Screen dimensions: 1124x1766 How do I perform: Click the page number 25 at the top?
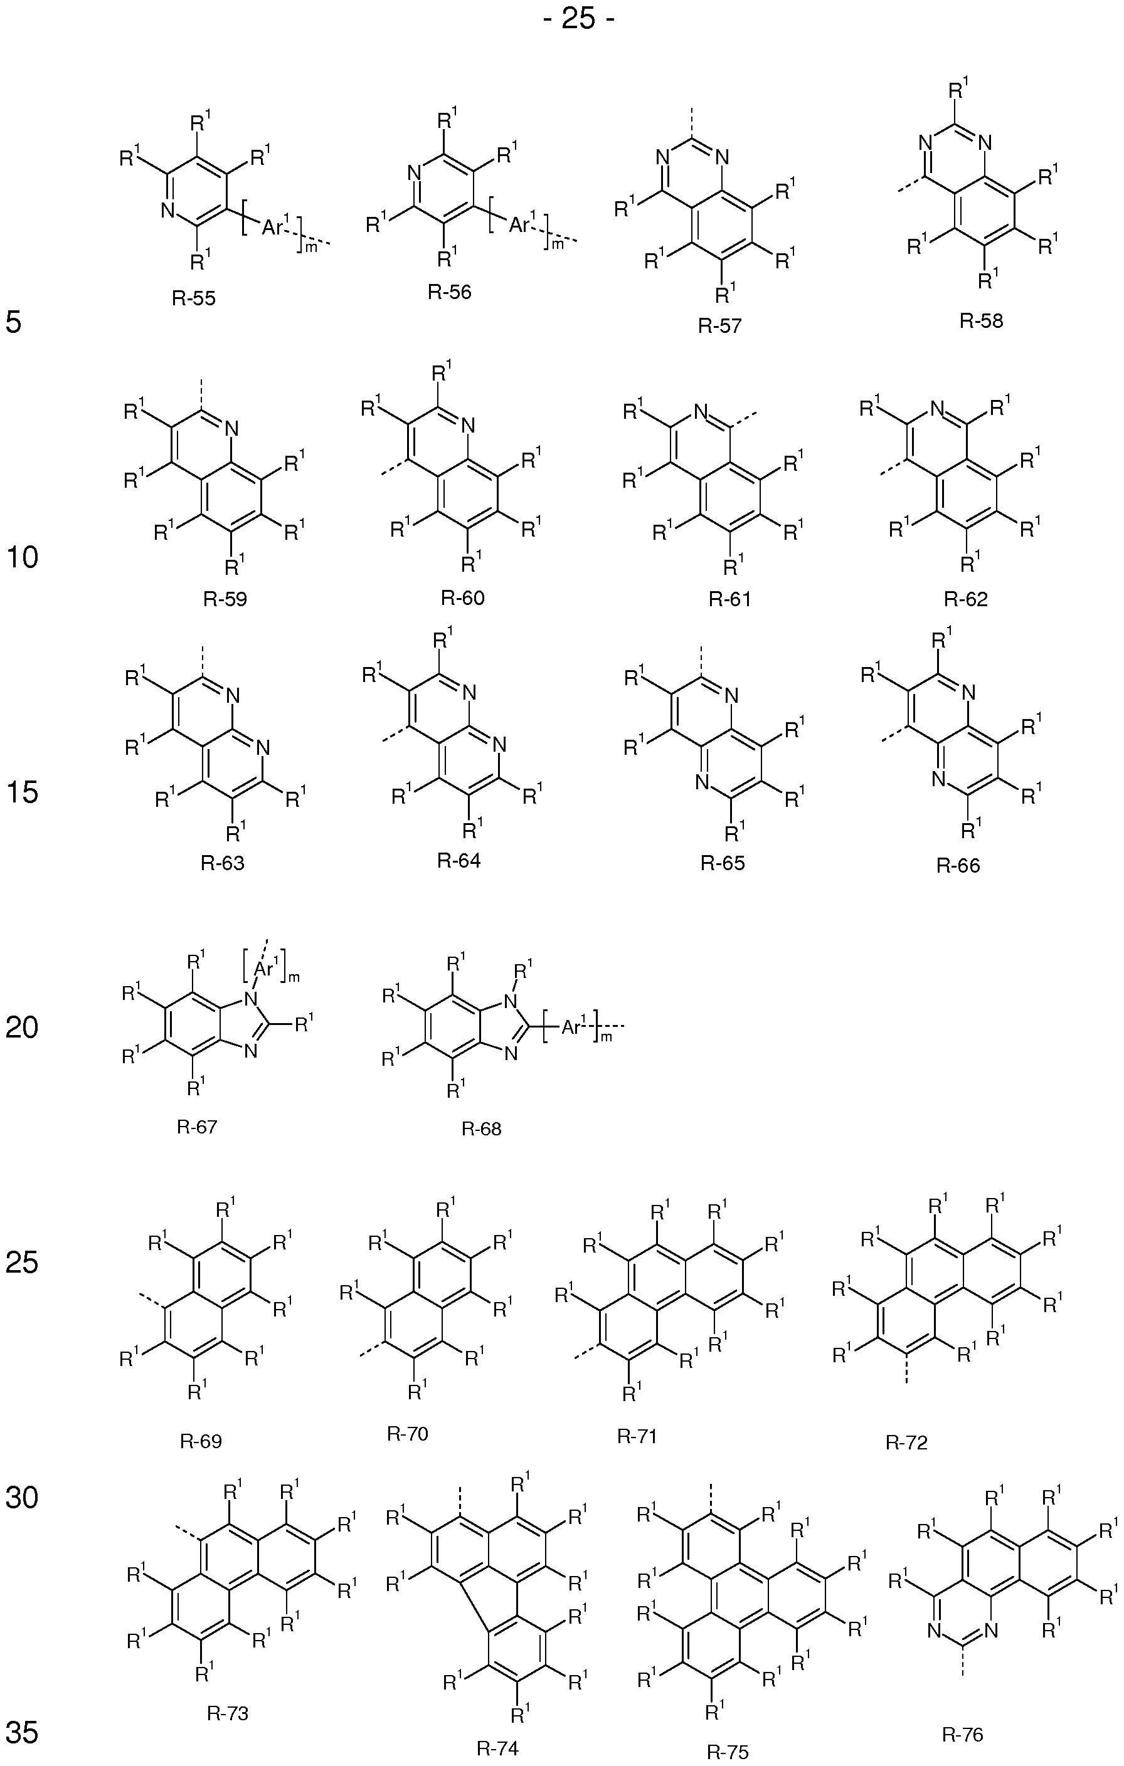[x=579, y=18]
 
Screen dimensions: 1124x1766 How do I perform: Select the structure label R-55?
[x=194, y=298]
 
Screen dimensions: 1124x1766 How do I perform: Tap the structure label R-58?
[x=981, y=320]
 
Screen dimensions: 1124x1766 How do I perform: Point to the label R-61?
[x=730, y=599]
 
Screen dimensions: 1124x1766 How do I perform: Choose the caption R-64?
[x=459, y=860]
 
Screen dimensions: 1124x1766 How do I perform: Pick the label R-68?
[x=481, y=1128]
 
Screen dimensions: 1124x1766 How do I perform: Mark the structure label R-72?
[x=907, y=1443]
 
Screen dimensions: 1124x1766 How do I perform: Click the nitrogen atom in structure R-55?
[x=167, y=211]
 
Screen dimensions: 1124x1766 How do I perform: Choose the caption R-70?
[x=407, y=1434]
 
